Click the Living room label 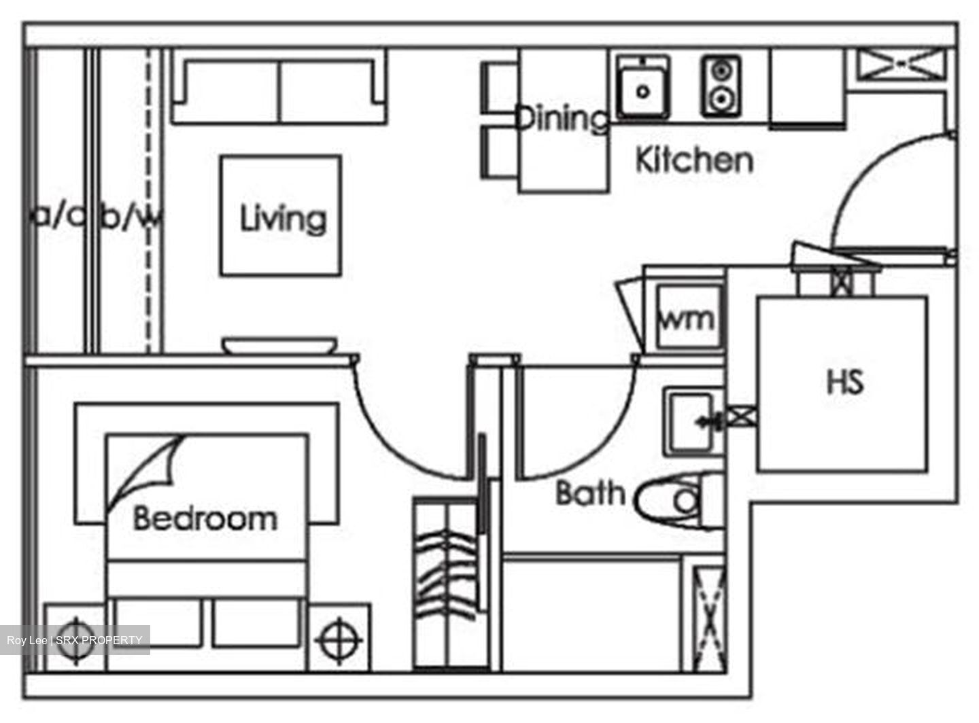click(x=283, y=219)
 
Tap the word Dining click(x=562, y=118)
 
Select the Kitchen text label click(x=694, y=160)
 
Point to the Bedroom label click(x=205, y=518)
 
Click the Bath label click(x=590, y=493)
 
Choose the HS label click(x=844, y=382)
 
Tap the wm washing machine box click(x=687, y=318)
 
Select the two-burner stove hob click(x=721, y=86)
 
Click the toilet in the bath click(x=673, y=501)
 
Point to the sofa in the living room click(x=279, y=88)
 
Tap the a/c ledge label click(x=60, y=216)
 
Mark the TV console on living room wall click(x=279, y=346)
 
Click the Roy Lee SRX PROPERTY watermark click(x=75, y=640)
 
